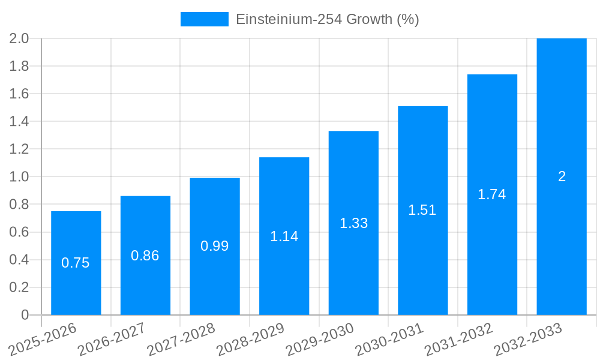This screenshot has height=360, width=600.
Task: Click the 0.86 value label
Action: pyautogui.click(x=145, y=256)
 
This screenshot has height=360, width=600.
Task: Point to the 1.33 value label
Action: pyautogui.click(x=353, y=223)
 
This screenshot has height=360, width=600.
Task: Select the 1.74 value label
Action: pyautogui.click(x=492, y=194)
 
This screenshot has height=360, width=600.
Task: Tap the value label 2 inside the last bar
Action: pyautogui.click(x=562, y=176)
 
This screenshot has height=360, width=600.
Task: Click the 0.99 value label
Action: pyautogui.click(x=214, y=246)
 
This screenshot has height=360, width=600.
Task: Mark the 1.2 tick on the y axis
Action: pyautogui.click(x=19, y=149)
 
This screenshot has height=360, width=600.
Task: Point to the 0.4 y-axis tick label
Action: pyautogui.click(x=19, y=260)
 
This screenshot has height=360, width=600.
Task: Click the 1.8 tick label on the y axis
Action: pyautogui.click(x=19, y=66)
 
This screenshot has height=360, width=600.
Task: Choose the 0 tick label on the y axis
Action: pyautogui.click(x=25, y=315)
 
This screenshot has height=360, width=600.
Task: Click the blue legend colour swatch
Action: pyautogui.click(x=204, y=19)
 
